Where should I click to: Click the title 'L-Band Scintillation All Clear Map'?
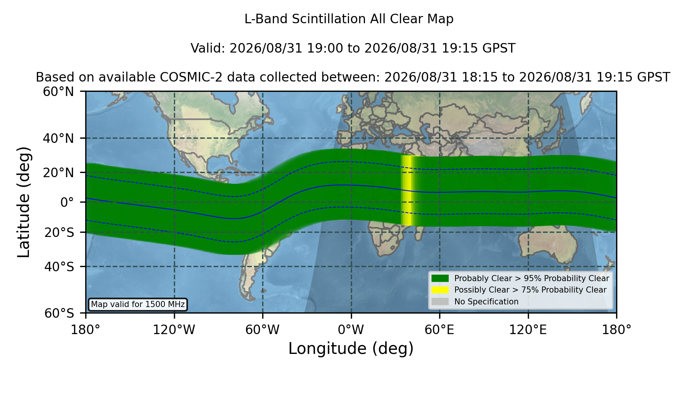pyautogui.click(x=349, y=19)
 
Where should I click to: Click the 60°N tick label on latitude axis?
pyautogui.click(x=59, y=92)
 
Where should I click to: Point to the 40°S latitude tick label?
pyautogui.click(x=59, y=267)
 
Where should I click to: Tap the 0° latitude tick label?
pyautogui.click(x=67, y=202)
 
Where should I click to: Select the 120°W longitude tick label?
pyautogui.click(x=174, y=330)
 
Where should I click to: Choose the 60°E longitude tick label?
pyautogui.click(x=440, y=330)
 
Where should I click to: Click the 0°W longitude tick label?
pyautogui.click(x=351, y=330)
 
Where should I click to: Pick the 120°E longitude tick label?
pyautogui.click(x=528, y=330)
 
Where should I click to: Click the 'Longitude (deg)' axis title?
pyautogui.click(x=351, y=349)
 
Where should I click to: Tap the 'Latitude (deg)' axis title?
pyautogui.click(x=24, y=202)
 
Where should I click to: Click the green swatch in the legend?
pyautogui.click(x=440, y=278)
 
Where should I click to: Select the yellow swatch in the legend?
pyautogui.click(x=440, y=290)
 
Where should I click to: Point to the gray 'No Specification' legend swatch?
pyautogui.click(x=440, y=301)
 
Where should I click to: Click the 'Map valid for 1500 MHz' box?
pyautogui.click(x=138, y=304)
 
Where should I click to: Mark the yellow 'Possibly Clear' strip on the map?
pyautogui.click(x=407, y=190)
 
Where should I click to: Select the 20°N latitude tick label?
pyautogui.click(x=59, y=173)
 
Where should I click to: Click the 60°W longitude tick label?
pyautogui.click(x=263, y=330)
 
